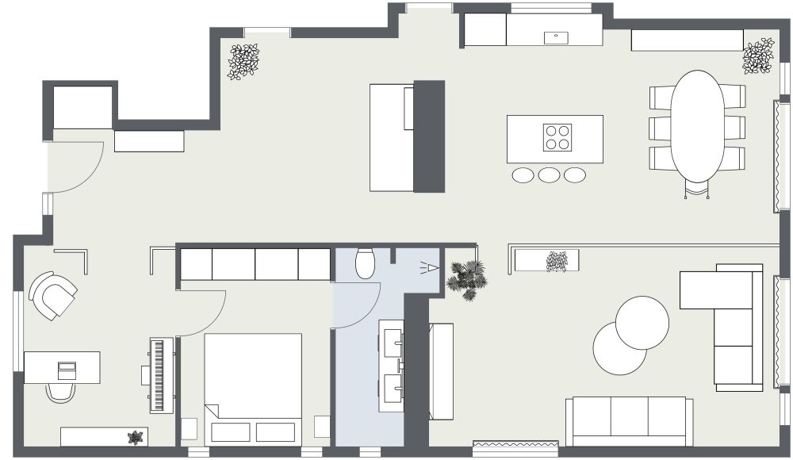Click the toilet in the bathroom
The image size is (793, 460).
pos(365,264)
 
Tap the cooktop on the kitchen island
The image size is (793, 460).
pos(557,137)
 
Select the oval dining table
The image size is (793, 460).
pos(697,125)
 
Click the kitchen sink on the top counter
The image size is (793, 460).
pos(556,36)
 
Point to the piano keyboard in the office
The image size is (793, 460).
pos(162,374)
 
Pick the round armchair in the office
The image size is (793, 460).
pos(52,295)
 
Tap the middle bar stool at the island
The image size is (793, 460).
pos(549,174)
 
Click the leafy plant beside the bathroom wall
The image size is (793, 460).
pos(466,278)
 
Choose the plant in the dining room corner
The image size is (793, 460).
pos(758,56)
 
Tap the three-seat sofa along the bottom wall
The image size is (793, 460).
pos(630,420)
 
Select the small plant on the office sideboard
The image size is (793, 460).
pos(136,437)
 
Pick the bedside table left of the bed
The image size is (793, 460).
pos(189,428)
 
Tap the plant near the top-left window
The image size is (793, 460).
pos(243,61)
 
